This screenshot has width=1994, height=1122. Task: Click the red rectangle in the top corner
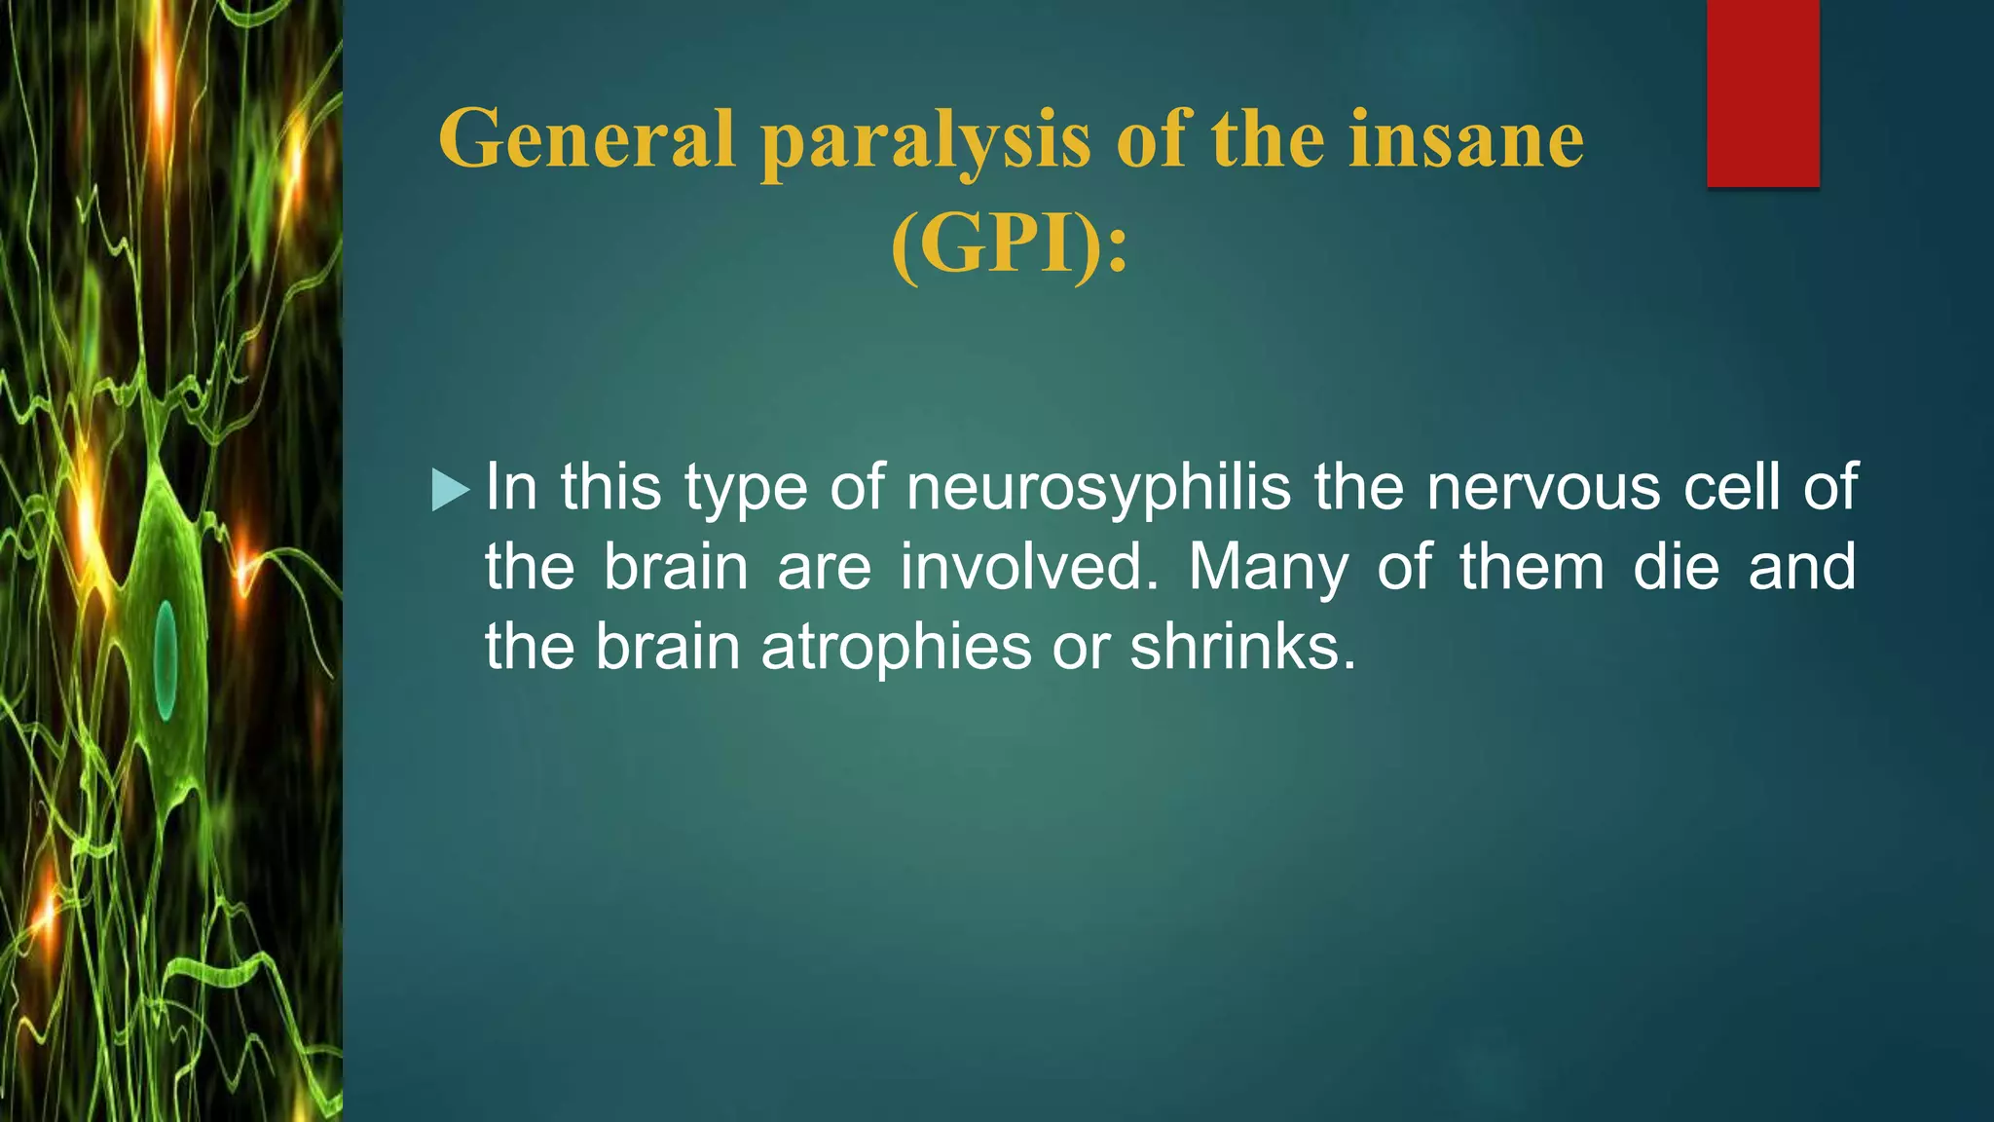1762,93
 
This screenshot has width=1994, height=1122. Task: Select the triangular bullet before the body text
450,489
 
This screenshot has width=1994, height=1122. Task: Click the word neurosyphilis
1098,489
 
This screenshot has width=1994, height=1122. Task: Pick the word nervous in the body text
1543,487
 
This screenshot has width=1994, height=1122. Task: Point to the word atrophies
896,648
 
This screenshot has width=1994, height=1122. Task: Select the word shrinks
1242,647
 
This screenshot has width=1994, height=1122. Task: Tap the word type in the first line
746,489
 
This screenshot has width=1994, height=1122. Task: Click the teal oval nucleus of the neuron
166,659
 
